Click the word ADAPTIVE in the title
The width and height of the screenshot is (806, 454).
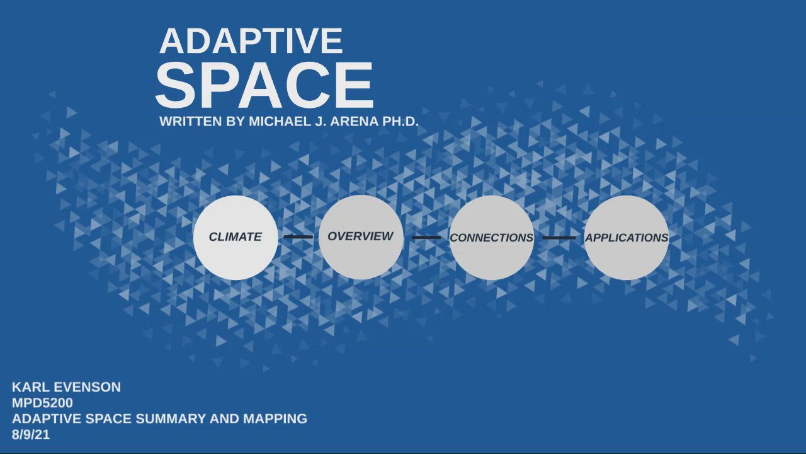point(251,42)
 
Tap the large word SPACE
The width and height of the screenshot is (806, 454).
point(264,86)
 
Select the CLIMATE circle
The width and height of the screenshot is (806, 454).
point(236,237)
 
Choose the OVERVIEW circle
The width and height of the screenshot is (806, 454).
point(361,236)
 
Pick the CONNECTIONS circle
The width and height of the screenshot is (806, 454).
point(491,238)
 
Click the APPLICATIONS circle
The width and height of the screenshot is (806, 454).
point(627,238)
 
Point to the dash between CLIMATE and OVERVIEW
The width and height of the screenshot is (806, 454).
point(298,237)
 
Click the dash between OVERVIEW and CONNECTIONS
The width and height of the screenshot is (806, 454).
point(426,238)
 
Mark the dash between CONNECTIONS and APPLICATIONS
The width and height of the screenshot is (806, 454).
point(559,238)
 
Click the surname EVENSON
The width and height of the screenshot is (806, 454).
point(86,387)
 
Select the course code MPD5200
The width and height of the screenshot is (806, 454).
point(42,403)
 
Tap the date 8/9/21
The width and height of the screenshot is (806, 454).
point(30,434)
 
